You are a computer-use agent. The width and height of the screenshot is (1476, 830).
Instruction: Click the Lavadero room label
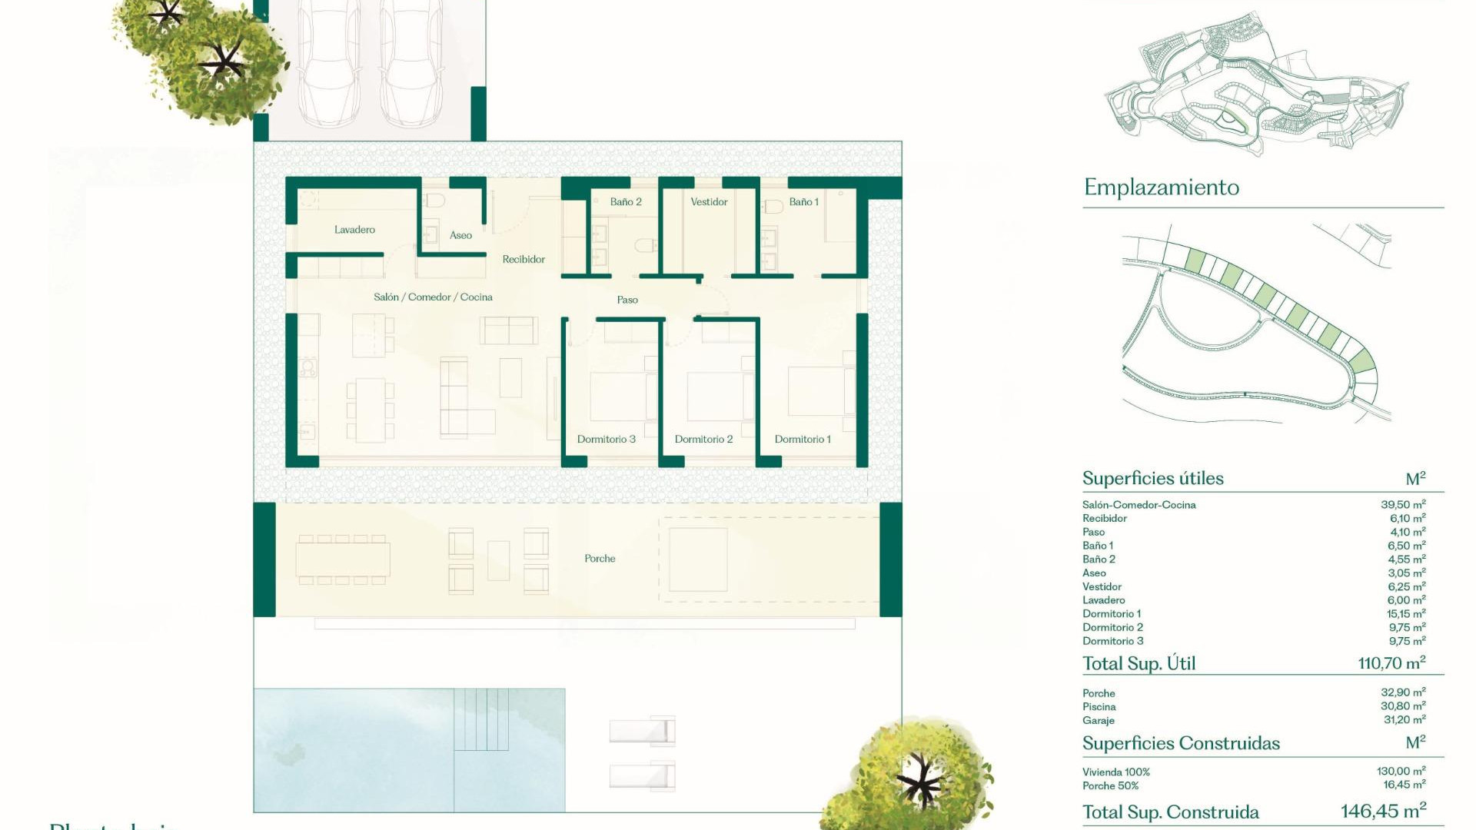(354, 230)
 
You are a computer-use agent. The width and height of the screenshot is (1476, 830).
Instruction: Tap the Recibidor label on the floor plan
(524, 260)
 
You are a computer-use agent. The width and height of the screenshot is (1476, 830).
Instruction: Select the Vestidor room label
(709, 202)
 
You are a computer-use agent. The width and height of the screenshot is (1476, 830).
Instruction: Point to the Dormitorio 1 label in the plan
(803, 440)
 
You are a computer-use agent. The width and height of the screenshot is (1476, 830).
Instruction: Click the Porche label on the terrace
(600, 559)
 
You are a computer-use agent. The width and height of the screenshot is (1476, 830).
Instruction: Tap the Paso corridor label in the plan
(627, 300)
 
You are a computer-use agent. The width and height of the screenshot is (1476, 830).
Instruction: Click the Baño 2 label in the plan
(626, 202)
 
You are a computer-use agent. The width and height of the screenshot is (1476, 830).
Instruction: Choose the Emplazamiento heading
(1161, 188)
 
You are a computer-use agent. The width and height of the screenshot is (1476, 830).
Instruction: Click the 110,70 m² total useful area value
(1391, 663)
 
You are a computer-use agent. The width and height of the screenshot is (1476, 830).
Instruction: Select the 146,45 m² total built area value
(1383, 812)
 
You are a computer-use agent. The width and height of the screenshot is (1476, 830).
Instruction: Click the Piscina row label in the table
(1099, 707)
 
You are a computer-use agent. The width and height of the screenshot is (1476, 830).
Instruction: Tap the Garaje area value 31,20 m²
(1405, 720)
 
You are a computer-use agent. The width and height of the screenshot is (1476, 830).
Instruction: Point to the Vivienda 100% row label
(1115, 772)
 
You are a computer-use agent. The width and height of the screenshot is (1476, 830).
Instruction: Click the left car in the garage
(329, 65)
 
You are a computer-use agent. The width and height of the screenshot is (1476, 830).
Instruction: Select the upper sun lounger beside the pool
(642, 731)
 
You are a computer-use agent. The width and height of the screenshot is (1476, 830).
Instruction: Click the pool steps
(481, 719)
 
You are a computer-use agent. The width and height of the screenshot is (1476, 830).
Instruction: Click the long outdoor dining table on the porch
(343, 559)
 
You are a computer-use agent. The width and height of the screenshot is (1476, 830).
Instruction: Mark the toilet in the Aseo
(435, 201)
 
